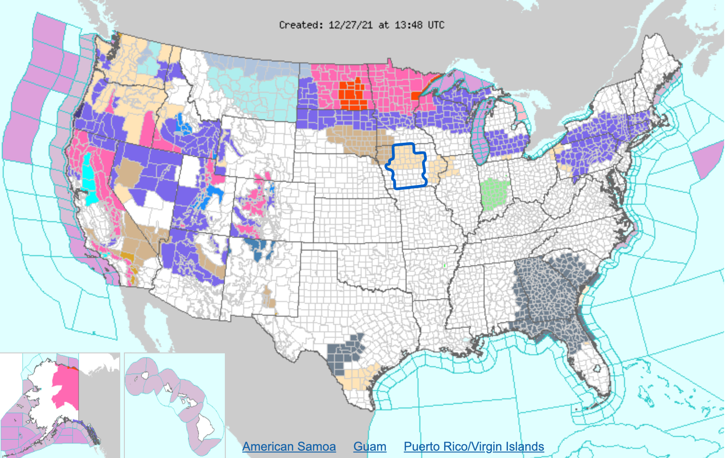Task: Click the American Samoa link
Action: coord(289,447)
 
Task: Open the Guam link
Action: coord(369,447)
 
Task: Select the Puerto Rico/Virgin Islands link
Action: coord(474,447)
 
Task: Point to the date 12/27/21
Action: coord(350,25)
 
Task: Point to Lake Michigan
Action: coord(481,133)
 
